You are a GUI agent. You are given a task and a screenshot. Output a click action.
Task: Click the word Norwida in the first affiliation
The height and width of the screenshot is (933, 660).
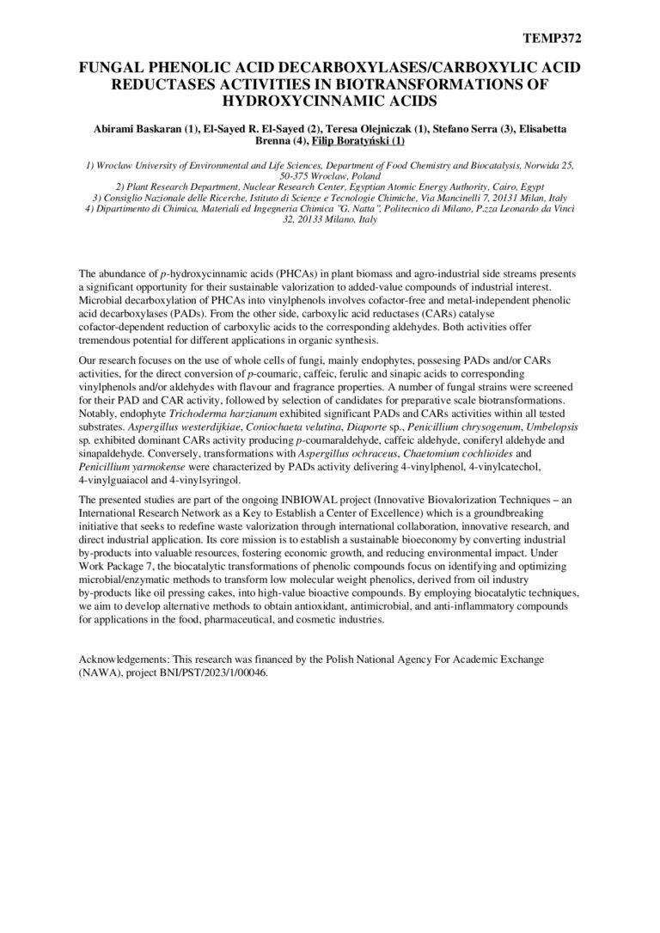pos(528,163)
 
